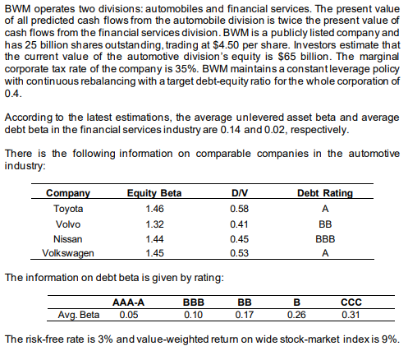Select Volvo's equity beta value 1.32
[143, 223]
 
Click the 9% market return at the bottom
[389, 339]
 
